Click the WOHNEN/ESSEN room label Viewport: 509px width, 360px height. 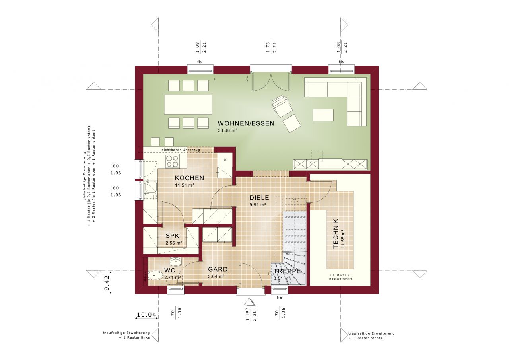click(246, 123)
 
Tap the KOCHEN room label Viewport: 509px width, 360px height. click(189, 178)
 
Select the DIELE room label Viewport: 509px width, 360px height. click(259, 198)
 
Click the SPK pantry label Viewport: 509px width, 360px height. click(173, 236)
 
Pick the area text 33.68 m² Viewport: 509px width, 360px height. click(227, 130)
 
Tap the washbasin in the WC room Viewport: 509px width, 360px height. click(175, 262)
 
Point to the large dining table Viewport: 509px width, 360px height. click(188, 104)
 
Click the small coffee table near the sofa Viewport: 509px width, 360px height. click(323, 115)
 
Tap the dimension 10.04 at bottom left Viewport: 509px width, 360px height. click(146, 315)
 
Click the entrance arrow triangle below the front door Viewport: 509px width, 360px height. click(250, 302)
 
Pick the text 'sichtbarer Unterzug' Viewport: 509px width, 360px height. click(181, 150)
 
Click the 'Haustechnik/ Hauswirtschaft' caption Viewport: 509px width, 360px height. click(340, 277)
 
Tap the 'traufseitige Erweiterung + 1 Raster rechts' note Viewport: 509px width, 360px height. click(371, 335)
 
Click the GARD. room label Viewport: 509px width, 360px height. click(219, 269)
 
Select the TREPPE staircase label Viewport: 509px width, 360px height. click(286, 272)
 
